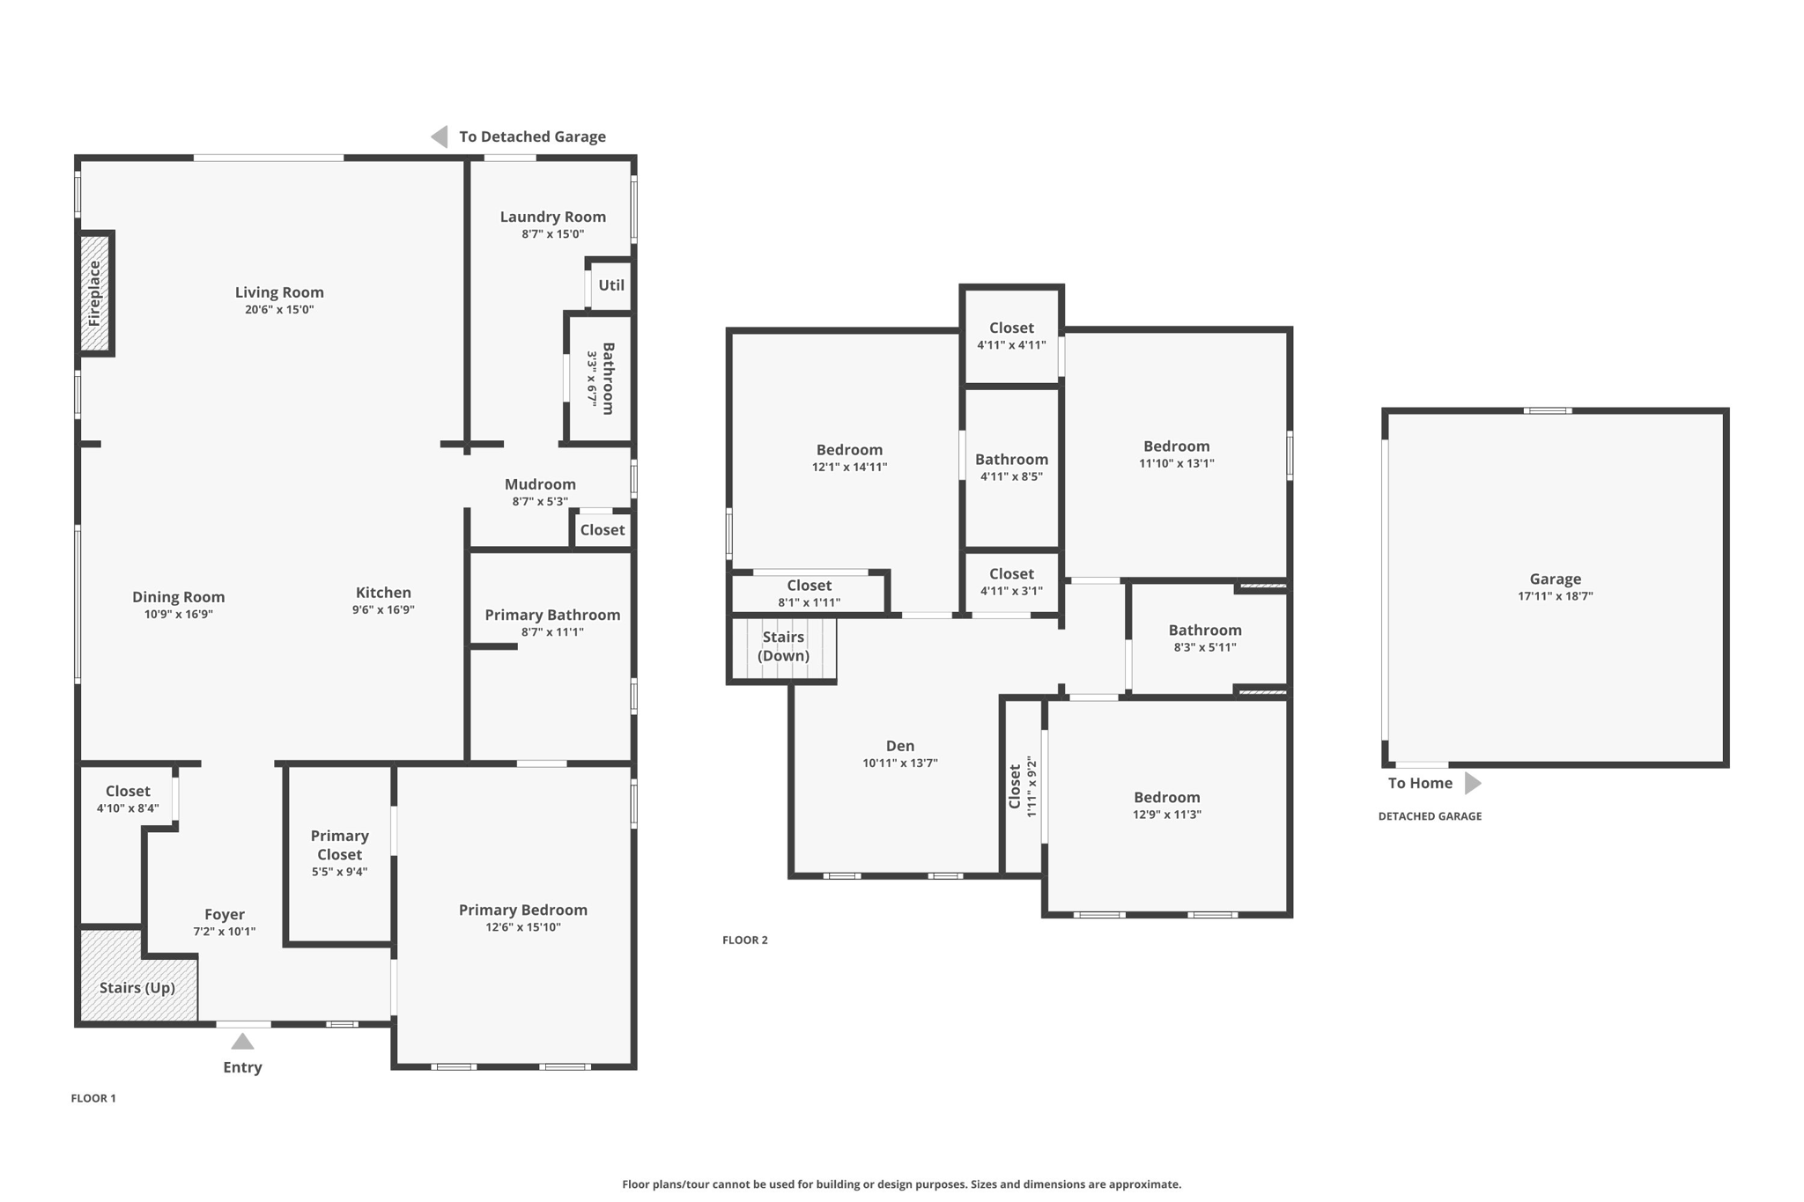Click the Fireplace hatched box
(x=94, y=293)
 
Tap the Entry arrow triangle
(x=242, y=1043)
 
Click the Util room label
(x=611, y=285)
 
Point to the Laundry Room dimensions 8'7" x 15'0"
(x=552, y=234)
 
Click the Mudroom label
(x=540, y=484)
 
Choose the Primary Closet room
(x=339, y=852)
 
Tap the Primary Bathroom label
(x=552, y=615)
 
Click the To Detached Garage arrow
(x=440, y=136)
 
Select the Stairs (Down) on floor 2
(x=783, y=646)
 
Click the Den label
(x=899, y=746)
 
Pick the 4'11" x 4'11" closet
(x=1011, y=336)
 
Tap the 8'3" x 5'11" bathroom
(x=1204, y=638)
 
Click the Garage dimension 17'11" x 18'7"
(x=1555, y=596)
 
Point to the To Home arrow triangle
(x=1472, y=783)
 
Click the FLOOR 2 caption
(x=744, y=940)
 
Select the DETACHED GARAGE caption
(x=1429, y=816)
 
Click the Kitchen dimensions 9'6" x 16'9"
(x=383, y=609)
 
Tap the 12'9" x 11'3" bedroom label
(x=1166, y=798)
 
